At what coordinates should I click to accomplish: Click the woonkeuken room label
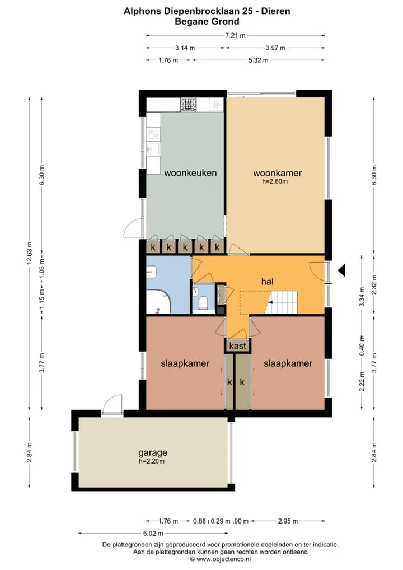click(x=190, y=173)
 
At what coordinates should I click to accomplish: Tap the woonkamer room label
click(x=277, y=173)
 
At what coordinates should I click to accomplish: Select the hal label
click(x=267, y=282)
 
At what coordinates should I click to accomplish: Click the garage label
click(x=153, y=453)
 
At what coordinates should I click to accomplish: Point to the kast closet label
click(x=238, y=346)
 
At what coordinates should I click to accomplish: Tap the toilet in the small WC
click(x=204, y=303)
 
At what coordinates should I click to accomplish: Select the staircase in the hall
click(x=283, y=302)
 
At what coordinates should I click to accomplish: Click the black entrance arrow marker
click(x=341, y=270)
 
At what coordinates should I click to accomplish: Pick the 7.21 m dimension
click(x=235, y=35)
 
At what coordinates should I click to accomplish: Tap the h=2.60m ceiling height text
click(x=275, y=181)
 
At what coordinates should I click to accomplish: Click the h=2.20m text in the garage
click(x=152, y=461)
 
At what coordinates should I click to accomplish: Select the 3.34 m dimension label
click(x=362, y=297)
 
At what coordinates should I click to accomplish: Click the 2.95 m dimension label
click(x=288, y=521)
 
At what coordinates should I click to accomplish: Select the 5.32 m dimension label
click(x=259, y=60)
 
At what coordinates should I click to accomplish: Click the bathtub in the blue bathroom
click(x=159, y=301)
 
